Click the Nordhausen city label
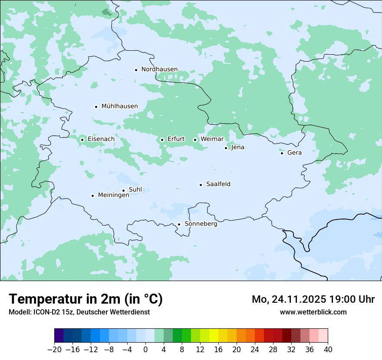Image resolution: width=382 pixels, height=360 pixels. click(x=159, y=69)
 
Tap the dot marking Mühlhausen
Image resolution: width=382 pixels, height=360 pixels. click(x=96, y=107)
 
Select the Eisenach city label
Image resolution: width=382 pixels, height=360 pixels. click(x=101, y=139)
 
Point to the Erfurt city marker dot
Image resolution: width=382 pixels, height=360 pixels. click(x=162, y=140)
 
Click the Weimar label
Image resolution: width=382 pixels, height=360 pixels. click(x=212, y=139)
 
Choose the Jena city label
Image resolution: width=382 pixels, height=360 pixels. click(x=238, y=147)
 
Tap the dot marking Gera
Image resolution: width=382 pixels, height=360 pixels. click(x=282, y=153)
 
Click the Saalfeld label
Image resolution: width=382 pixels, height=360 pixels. click(x=218, y=184)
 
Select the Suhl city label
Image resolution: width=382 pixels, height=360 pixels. click(x=135, y=190)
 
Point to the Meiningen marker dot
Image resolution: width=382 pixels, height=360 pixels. click(x=92, y=196)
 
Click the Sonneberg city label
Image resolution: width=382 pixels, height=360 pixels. click(x=201, y=224)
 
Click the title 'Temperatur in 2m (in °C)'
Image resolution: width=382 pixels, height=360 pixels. click(x=86, y=299)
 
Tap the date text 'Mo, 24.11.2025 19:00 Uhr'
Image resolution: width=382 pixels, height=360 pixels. click(x=313, y=299)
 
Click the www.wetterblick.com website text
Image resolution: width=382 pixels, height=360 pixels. click(x=313, y=312)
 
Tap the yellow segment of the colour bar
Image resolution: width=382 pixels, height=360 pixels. click(x=214, y=336)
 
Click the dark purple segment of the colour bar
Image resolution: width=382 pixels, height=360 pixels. click(x=59, y=336)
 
